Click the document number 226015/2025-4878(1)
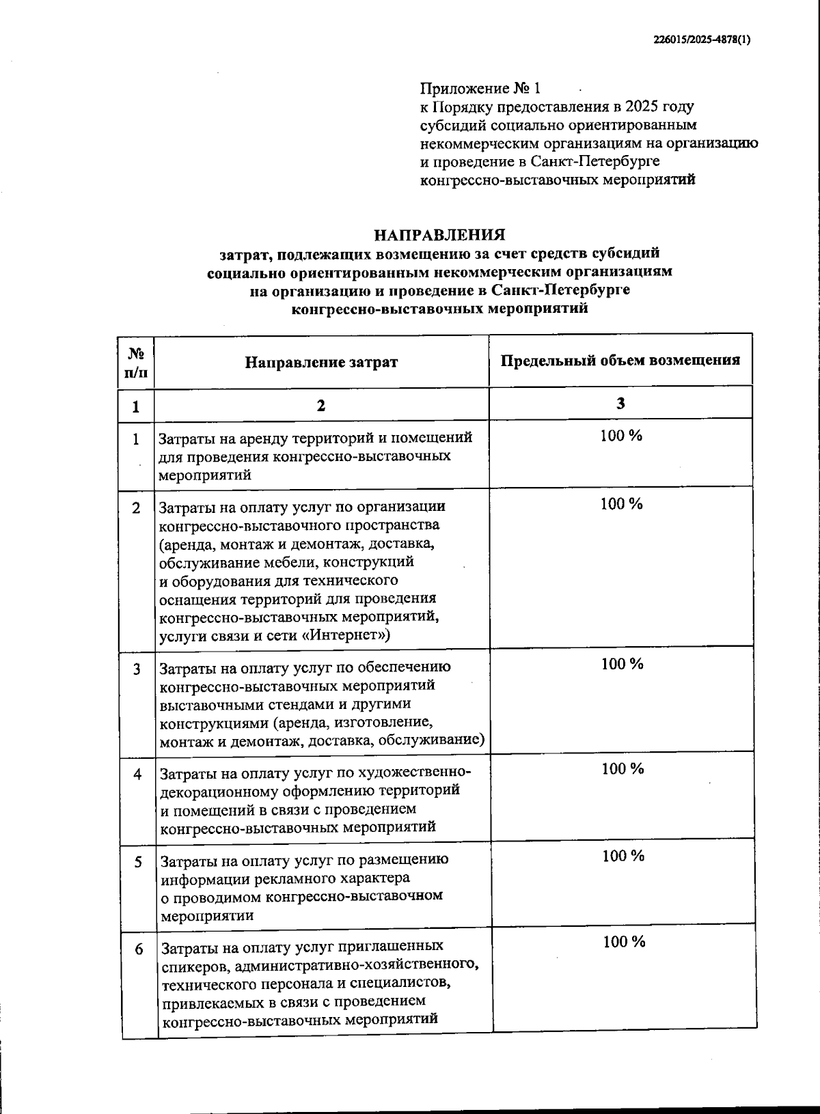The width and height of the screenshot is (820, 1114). pyautogui.click(x=701, y=40)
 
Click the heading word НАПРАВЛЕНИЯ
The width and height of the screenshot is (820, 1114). pyautogui.click(x=439, y=235)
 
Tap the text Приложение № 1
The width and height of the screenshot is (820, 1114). pyautogui.click(x=480, y=89)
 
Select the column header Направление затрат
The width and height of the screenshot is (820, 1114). pyautogui.click(x=321, y=362)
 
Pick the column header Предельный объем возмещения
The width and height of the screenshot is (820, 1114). pyautogui.click(x=620, y=361)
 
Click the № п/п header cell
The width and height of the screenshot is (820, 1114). pyautogui.click(x=135, y=363)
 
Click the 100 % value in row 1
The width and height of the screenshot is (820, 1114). pyautogui.click(x=620, y=436)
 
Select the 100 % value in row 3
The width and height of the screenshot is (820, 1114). pyautogui.click(x=621, y=663)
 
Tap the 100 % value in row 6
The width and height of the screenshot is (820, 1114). pyautogui.click(x=624, y=942)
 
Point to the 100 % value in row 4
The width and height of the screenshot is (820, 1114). pyautogui.click(x=622, y=768)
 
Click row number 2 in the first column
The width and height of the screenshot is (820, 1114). pyautogui.click(x=137, y=508)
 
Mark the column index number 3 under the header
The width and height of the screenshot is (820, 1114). pyautogui.click(x=620, y=403)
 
